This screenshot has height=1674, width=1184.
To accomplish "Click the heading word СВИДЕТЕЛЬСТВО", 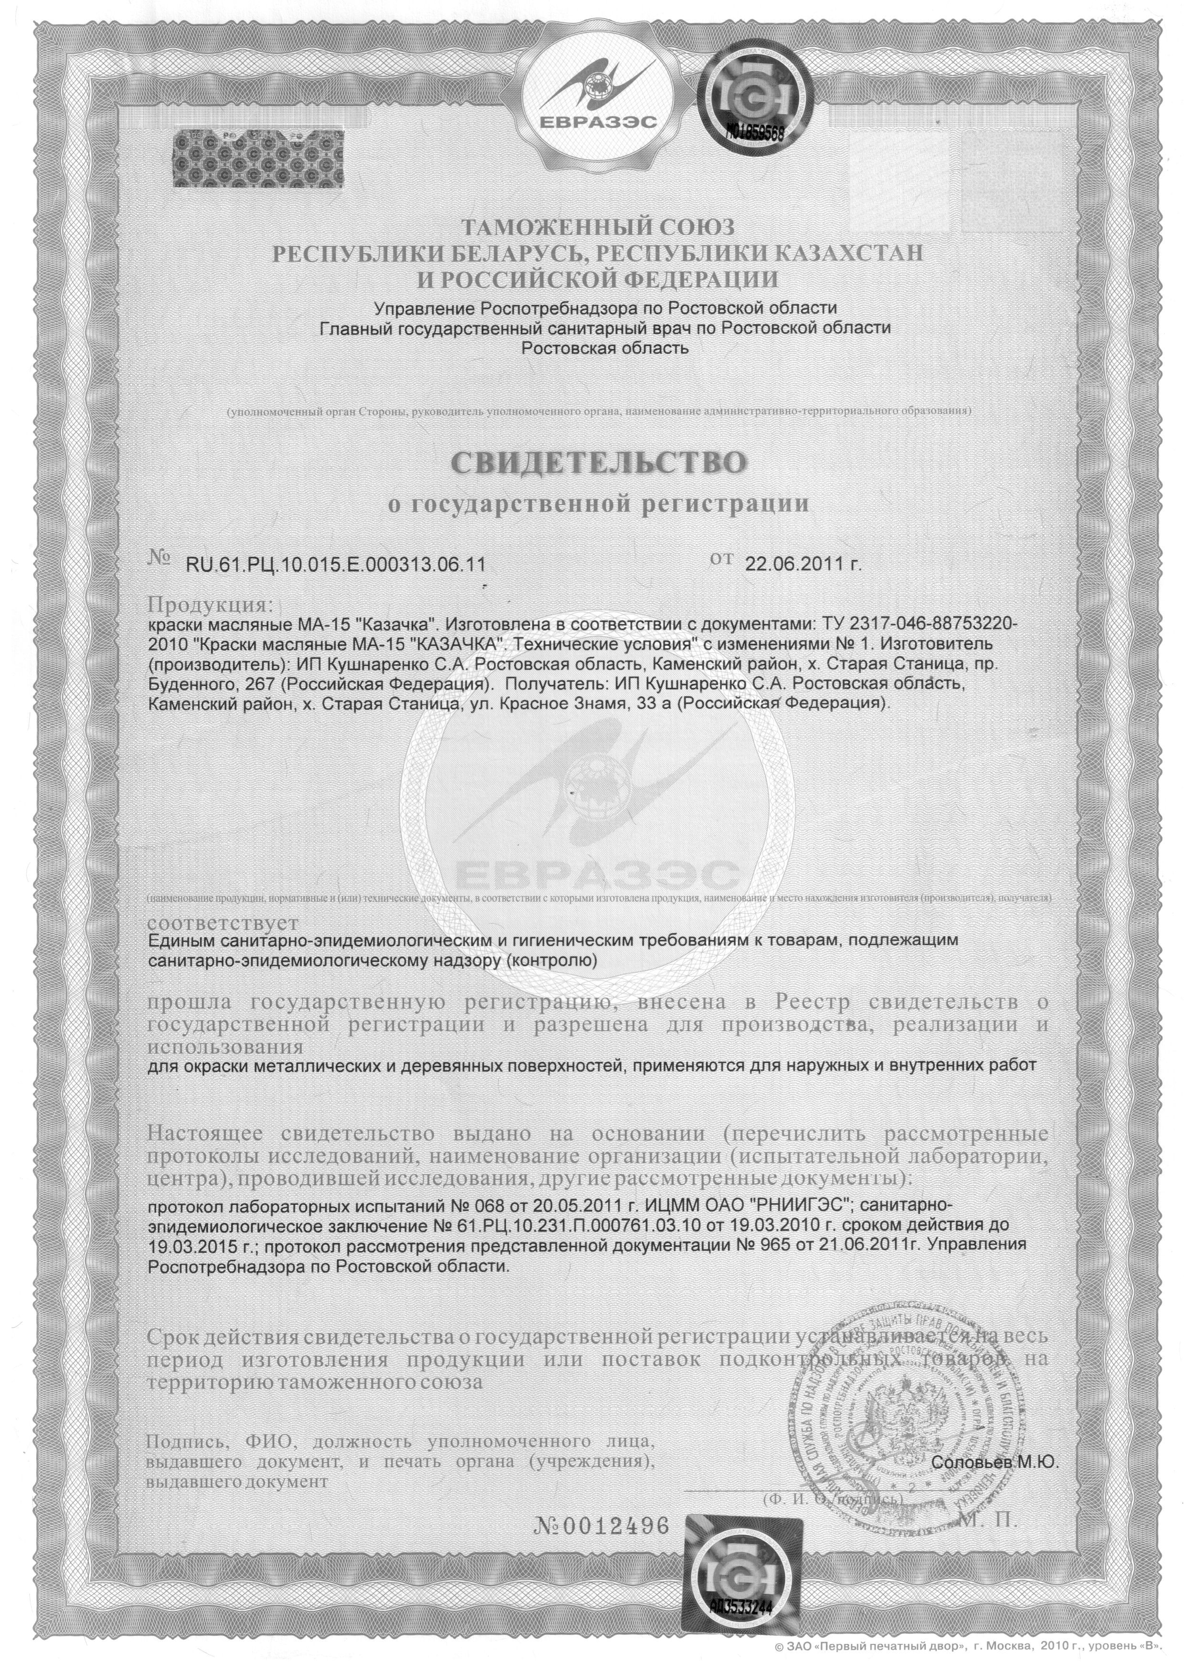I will tap(599, 463).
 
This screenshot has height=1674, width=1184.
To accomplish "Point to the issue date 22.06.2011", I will tap(799, 563).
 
